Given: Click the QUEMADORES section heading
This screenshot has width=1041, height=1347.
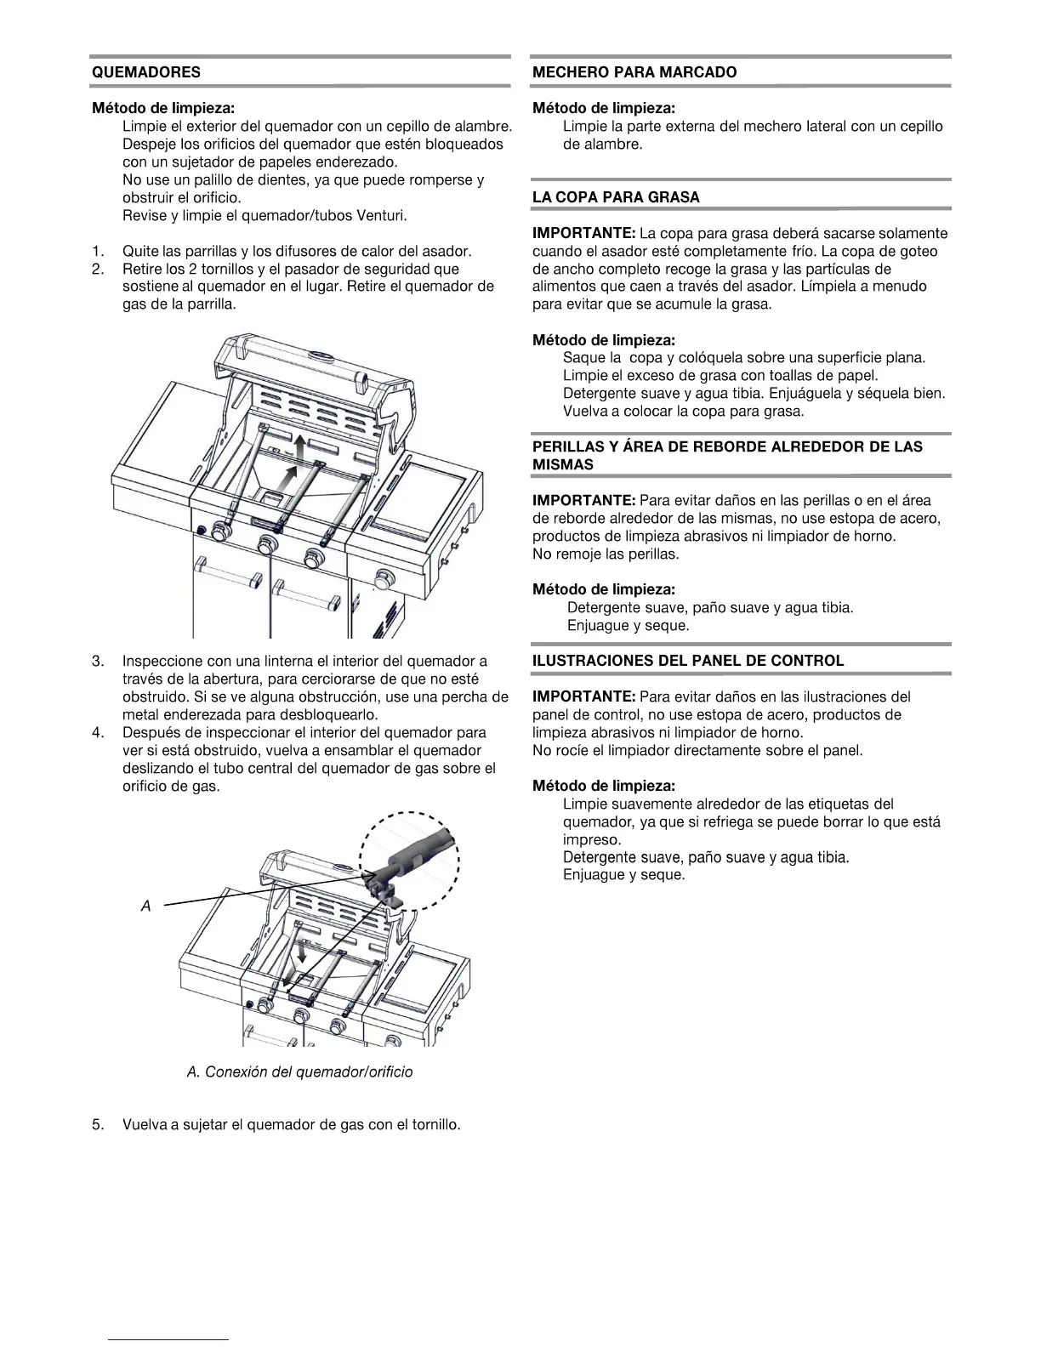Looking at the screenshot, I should (x=146, y=72).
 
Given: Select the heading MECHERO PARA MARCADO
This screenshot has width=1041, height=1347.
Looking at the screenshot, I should (x=634, y=72).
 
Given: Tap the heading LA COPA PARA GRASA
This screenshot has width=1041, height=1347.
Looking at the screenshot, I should (x=616, y=197).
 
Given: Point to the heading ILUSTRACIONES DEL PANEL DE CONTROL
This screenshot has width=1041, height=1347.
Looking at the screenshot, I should (x=688, y=661).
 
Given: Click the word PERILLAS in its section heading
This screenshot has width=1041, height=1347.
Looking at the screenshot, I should (x=567, y=447).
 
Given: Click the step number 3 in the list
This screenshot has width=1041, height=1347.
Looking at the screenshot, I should (x=98, y=661).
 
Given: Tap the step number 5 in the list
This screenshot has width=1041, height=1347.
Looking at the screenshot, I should (x=98, y=1125).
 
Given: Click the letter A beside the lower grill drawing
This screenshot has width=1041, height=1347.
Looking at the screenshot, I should (x=145, y=907).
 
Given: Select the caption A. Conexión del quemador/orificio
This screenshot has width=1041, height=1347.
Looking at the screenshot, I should (x=299, y=1071).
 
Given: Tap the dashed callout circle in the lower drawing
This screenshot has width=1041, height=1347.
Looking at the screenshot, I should (x=410, y=861).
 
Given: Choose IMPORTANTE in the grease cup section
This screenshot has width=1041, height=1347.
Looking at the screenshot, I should (x=583, y=233).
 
